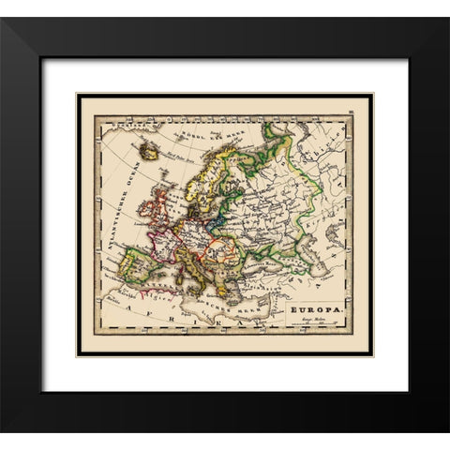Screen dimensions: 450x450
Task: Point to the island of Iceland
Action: tap(147, 149)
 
